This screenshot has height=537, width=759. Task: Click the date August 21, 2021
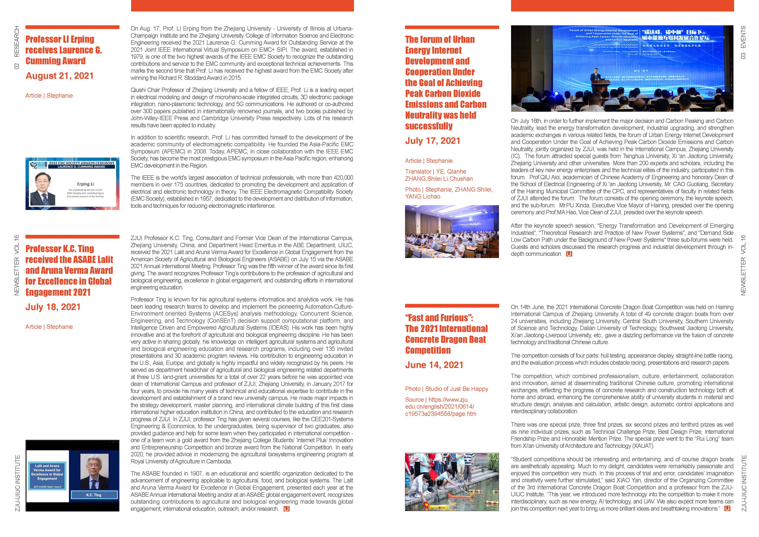59,76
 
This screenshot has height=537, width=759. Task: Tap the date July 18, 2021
53,307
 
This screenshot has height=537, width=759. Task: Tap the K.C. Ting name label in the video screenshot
94,495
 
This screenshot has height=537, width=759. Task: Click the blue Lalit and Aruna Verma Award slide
47,476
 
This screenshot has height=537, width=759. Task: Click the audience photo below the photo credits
452,231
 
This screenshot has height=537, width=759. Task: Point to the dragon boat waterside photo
452,482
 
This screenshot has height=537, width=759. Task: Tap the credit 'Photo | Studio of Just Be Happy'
446,389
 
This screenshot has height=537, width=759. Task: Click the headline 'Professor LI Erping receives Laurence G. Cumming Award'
64,50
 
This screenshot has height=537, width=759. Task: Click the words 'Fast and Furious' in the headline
439,318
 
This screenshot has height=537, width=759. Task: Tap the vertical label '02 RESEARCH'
16,47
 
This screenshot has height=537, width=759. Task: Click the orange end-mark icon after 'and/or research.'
286,509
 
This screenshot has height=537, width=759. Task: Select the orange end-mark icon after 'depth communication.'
569,254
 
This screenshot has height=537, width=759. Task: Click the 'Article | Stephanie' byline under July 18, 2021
49,327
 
